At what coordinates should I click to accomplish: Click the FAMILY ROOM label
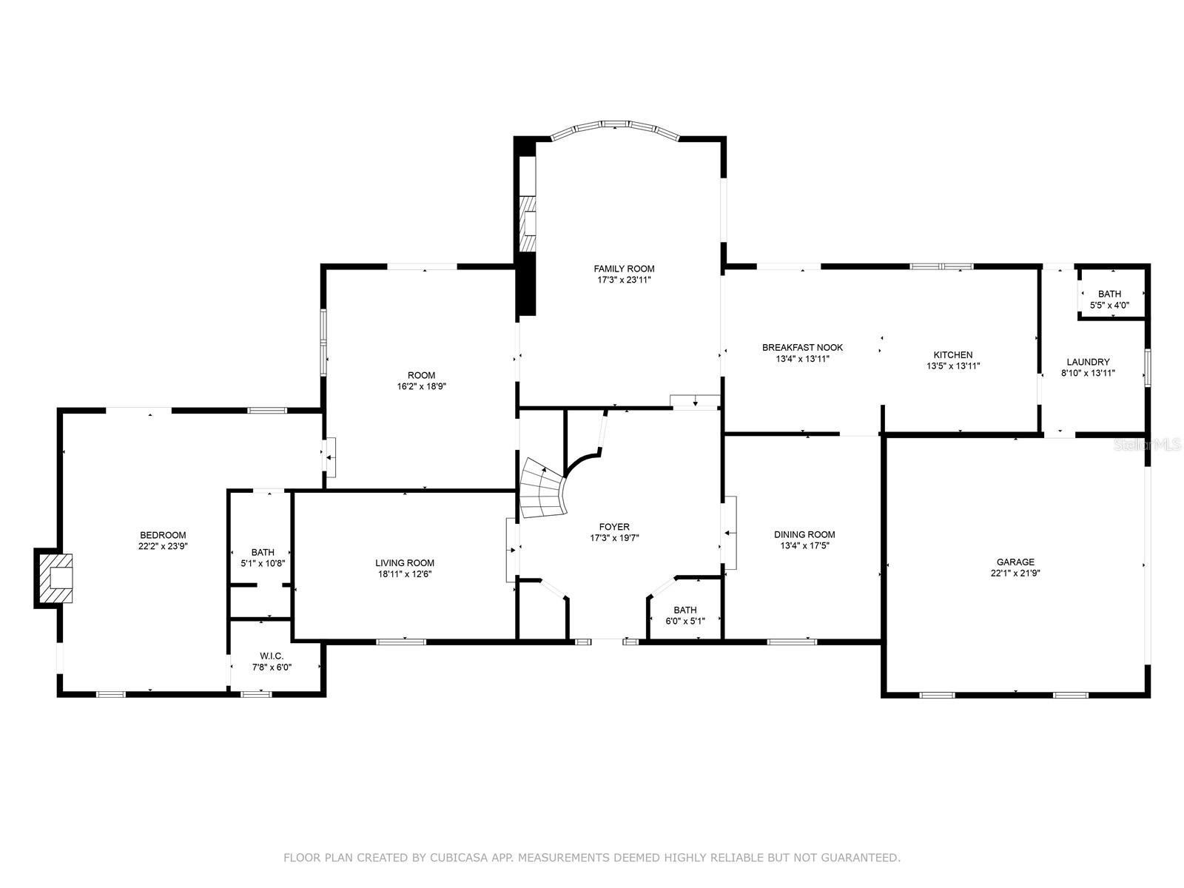(624, 269)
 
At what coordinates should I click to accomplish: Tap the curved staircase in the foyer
(544, 489)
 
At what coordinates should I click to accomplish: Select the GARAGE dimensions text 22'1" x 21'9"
(1015, 573)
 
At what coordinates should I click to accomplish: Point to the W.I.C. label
(272, 656)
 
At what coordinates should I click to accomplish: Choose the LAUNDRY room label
(1088, 362)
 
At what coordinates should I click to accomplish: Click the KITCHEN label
(952, 354)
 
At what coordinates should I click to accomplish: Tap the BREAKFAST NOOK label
(802, 347)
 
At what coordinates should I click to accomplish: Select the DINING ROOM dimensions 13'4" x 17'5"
(804, 545)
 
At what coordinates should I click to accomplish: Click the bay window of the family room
(615, 127)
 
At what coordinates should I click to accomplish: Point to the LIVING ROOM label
(405, 562)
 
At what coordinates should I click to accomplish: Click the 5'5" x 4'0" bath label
(1109, 305)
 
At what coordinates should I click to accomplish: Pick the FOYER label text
(614, 527)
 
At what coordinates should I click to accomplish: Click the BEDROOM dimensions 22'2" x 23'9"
(163, 546)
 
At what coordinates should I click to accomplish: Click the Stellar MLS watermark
(1148, 445)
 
